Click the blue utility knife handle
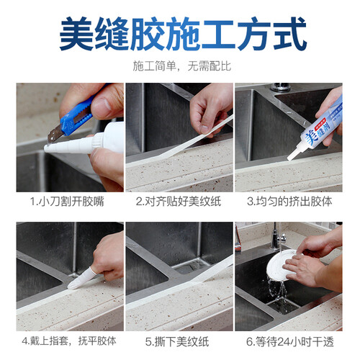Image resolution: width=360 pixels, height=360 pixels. tap(77, 114)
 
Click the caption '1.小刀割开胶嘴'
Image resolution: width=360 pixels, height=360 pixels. tap(67, 202)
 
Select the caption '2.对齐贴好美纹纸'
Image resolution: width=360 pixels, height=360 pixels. tap(179, 202)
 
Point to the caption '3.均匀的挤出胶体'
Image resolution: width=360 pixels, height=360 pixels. tap(289, 202)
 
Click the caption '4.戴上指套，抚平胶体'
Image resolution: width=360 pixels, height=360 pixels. tap(69, 341)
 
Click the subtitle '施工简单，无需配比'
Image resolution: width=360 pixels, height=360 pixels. tap(182, 66)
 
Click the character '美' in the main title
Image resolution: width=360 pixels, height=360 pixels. tap(76, 34)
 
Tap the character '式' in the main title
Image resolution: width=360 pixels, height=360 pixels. tap(289, 34)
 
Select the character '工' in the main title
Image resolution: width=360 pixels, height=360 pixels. tap(218, 34)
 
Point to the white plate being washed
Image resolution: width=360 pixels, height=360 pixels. tap(282, 265)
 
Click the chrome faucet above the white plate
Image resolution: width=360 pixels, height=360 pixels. tap(278, 237)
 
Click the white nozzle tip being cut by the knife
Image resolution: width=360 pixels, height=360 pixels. tap(47, 148)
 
